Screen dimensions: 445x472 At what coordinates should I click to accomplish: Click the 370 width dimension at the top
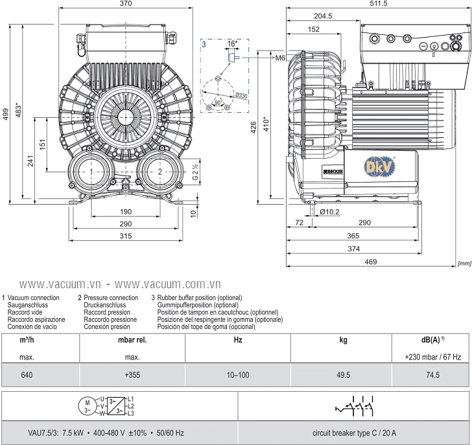pyautogui.click(x=126, y=4)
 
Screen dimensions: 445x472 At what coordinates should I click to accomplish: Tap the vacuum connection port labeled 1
pyautogui.click(x=93, y=171)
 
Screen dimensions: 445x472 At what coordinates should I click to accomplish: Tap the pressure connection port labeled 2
pyautogui.click(x=159, y=171)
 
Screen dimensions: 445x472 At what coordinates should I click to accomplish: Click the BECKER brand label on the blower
pyautogui.click(x=333, y=170)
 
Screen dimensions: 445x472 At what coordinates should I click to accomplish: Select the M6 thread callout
pyautogui.click(x=280, y=58)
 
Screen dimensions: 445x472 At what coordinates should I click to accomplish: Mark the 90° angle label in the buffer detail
pyautogui.click(x=218, y=103)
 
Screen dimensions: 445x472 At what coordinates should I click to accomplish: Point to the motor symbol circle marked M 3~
pyautogui.click(x=88, y=405)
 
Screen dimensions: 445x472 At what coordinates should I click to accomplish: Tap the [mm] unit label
pyautogui.click(x=464, y=264)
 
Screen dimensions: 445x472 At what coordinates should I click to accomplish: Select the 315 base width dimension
pyautogui.click(x=126, y=236)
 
